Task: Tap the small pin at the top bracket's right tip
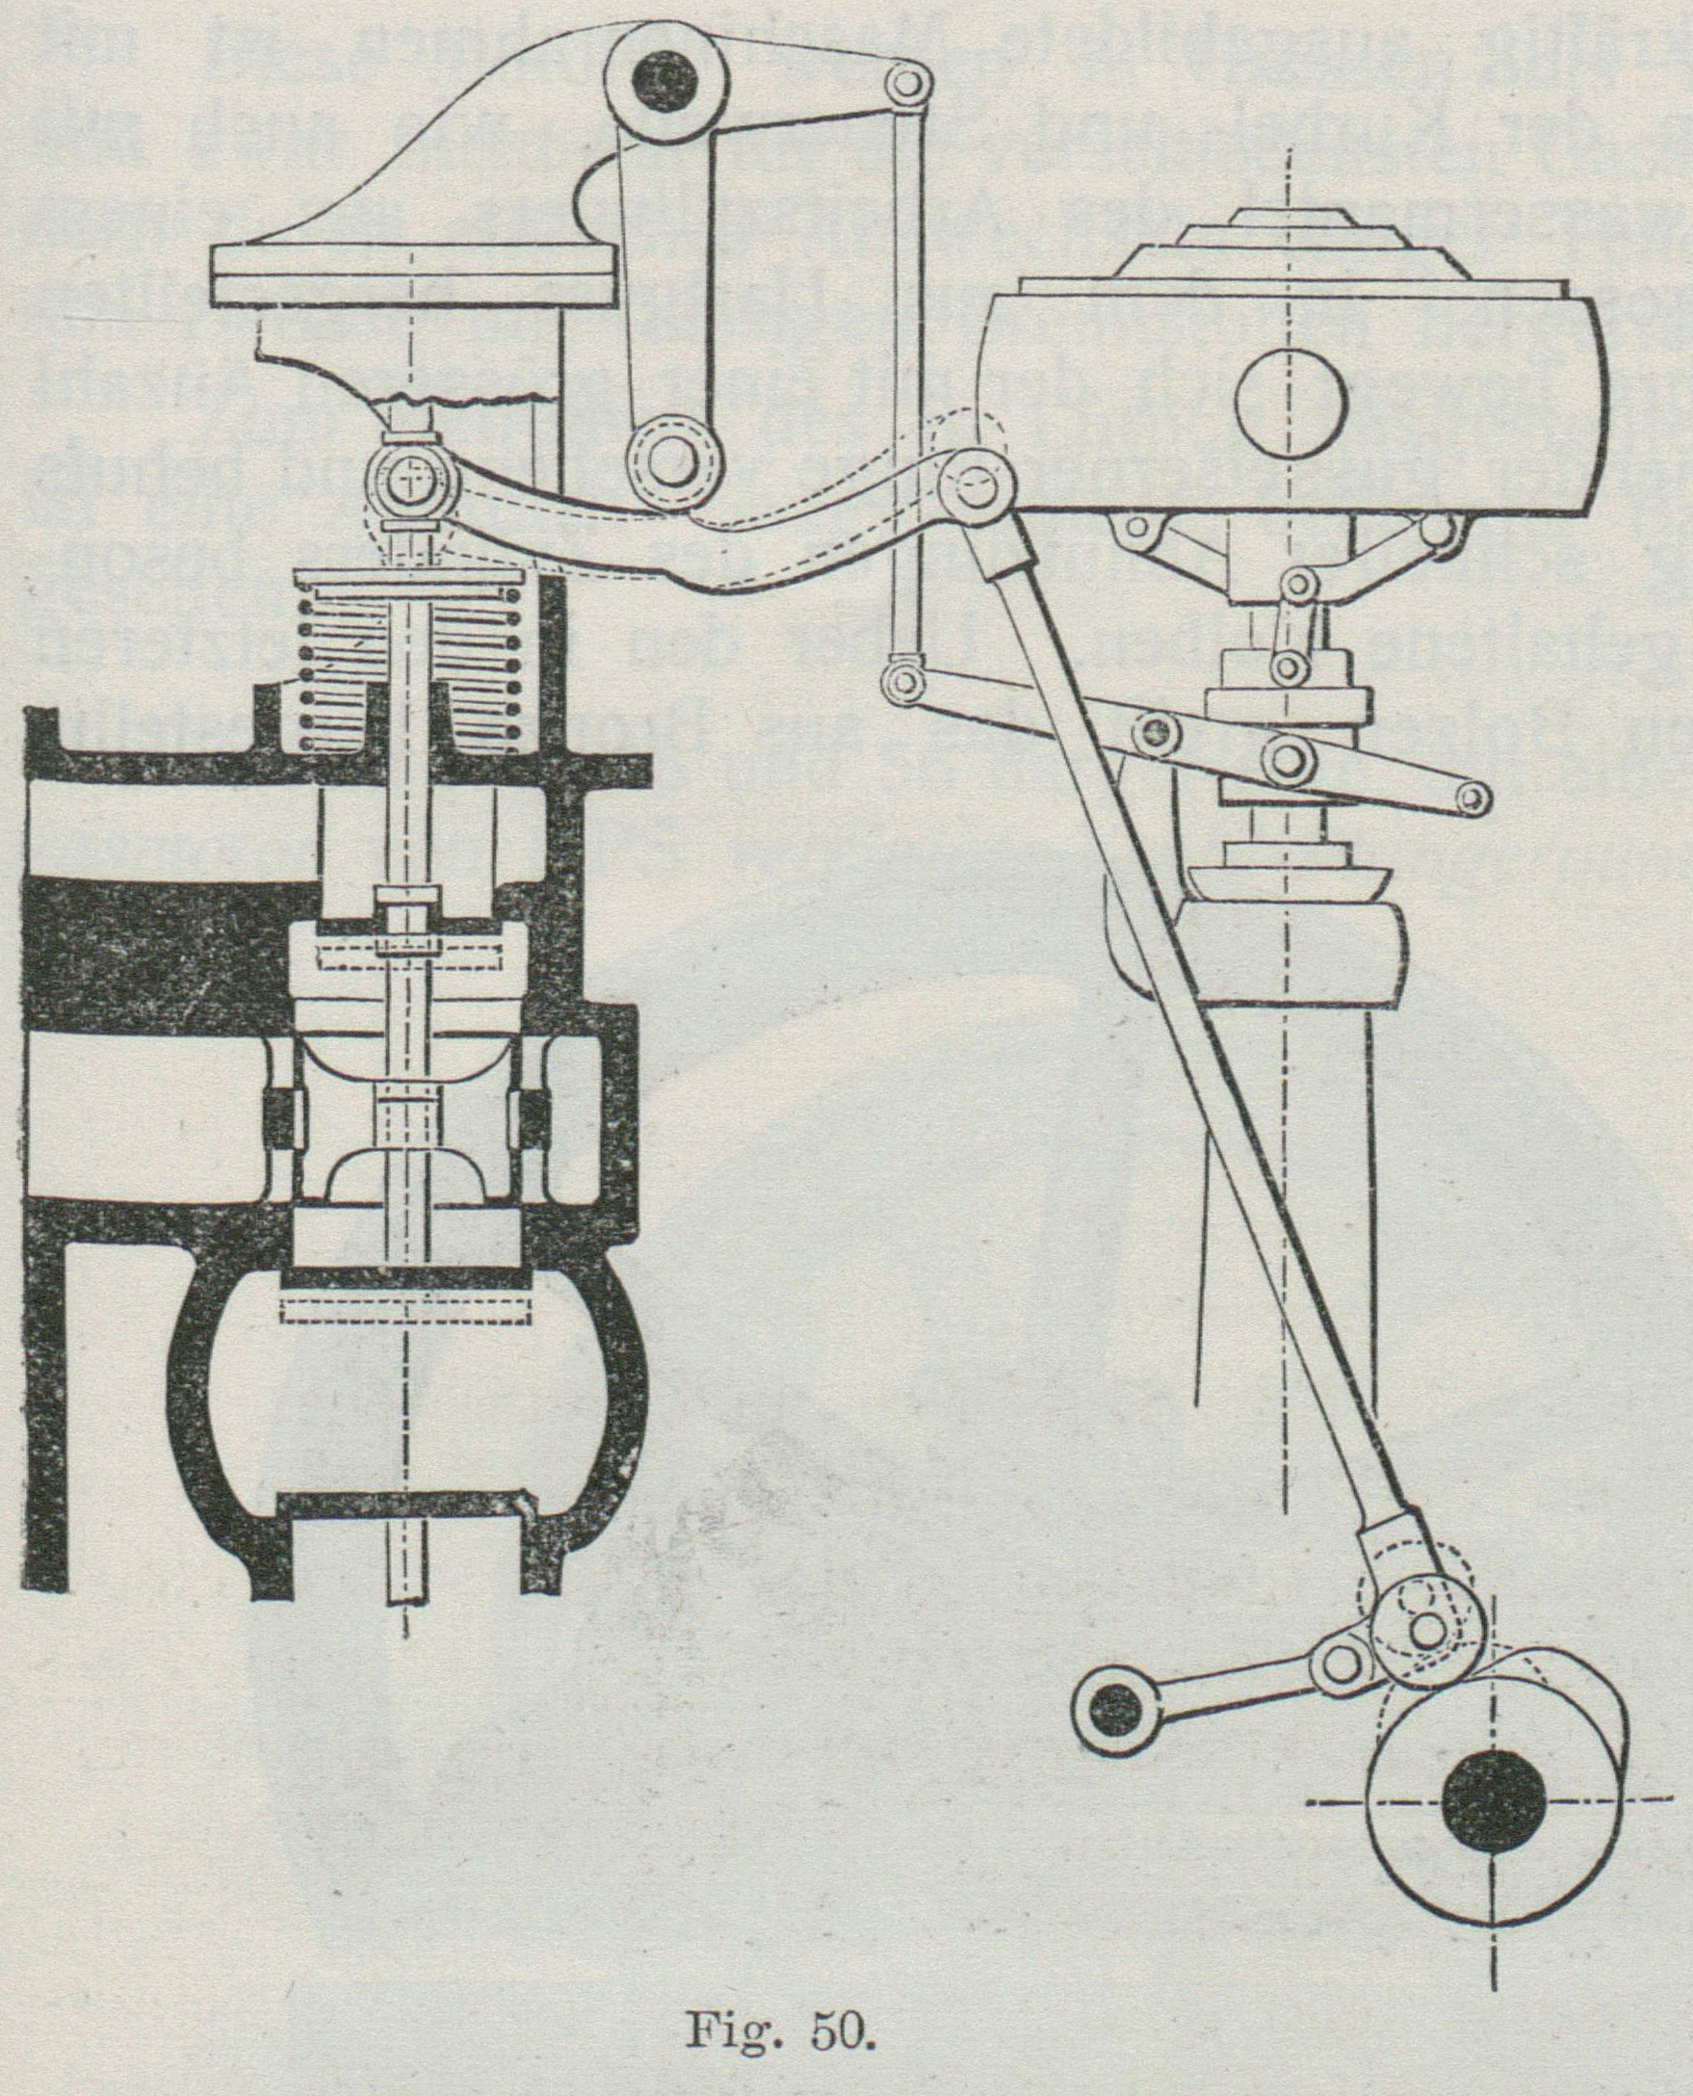[907, 84]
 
